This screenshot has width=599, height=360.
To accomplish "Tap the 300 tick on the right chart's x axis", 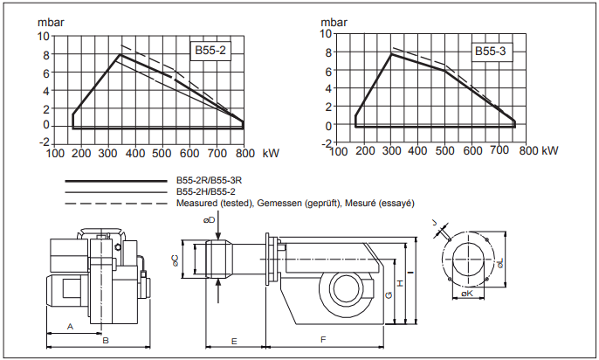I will [x=390, y=151].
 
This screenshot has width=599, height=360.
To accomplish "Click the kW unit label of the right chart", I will [x=549, y=151].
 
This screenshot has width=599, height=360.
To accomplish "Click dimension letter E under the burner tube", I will [x=234, y=338].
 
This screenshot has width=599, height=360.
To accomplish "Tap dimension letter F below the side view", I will [x=323, y=338].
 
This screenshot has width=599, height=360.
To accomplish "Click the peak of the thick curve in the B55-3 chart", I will [x=390, y=54].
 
